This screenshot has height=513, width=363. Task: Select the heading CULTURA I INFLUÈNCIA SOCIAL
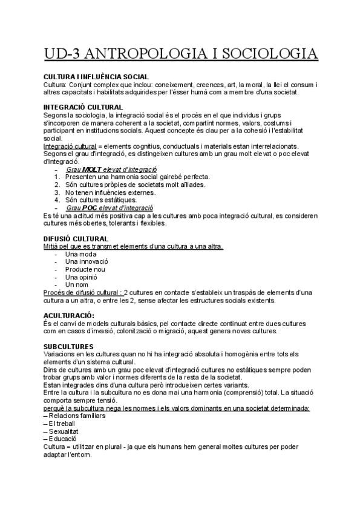point(96,77)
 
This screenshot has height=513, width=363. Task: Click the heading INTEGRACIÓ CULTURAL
point(83,107)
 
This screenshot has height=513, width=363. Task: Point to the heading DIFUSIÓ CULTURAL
point(76,239)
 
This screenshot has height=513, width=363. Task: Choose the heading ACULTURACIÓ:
point(69,316)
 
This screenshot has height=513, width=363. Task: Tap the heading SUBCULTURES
point(69,345)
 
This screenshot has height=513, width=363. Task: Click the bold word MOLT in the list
point(93,169)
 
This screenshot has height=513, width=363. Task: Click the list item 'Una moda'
point(80,254)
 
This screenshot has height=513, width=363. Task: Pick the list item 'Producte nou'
point(85,269)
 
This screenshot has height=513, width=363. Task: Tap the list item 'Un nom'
point(77,284)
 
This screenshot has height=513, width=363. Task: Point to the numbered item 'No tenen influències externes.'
point(110,192)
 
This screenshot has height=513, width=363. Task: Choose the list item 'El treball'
point(65,423)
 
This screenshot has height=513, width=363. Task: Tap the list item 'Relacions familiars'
point(77,416)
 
